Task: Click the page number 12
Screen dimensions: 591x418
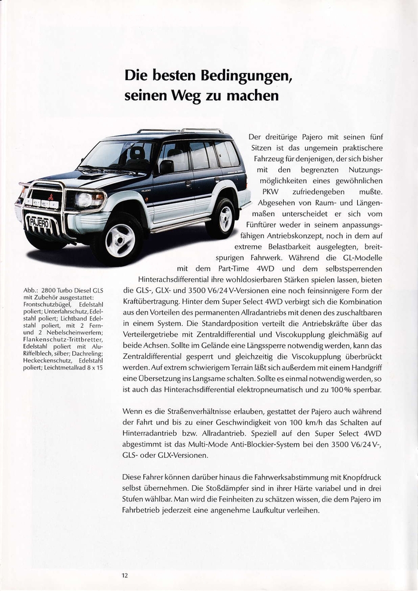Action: [x=125, y=575]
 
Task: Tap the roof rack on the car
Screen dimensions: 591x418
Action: [x=180, y=131]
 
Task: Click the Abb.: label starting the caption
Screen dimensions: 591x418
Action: [x=31, y=291]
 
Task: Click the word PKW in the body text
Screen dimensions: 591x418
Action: [x=271, y=192]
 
